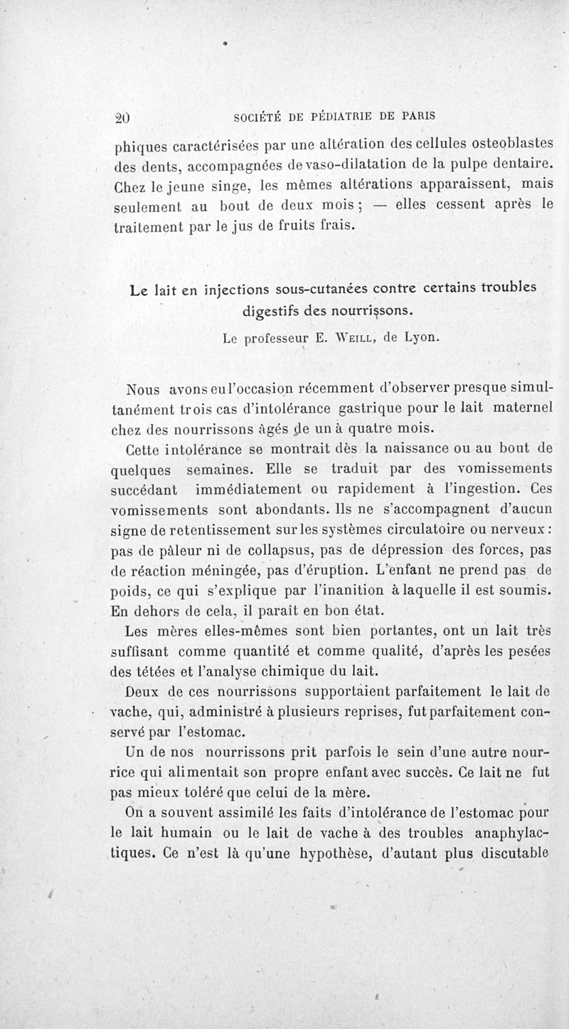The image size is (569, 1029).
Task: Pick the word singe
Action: pyautogui.click(x=220, y=187)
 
